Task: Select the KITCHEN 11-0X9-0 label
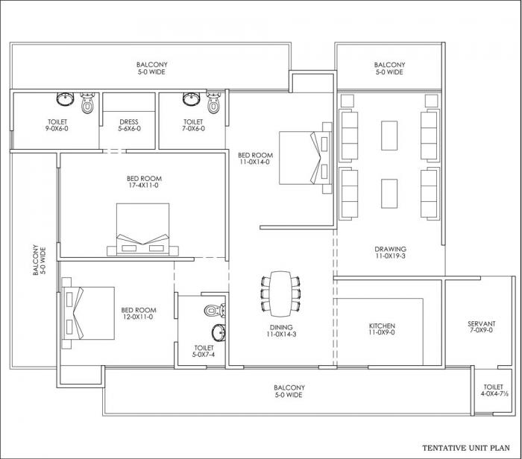(382, 330)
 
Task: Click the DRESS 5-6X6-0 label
(128, 126)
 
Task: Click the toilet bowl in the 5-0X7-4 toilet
(212, 308)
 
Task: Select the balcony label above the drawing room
(389, 69)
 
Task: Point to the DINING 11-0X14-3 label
(281, 331)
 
